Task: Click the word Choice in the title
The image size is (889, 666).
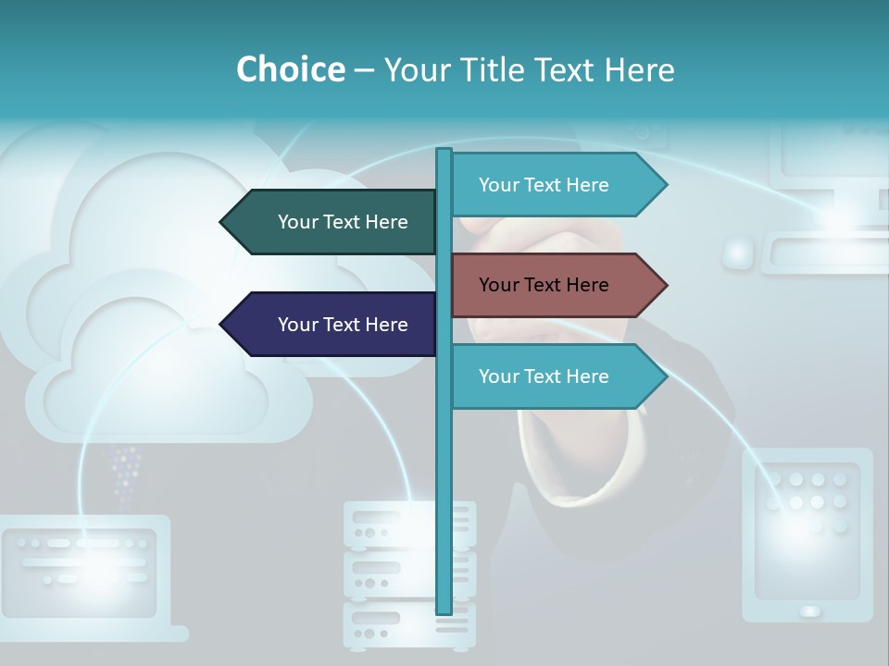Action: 290,69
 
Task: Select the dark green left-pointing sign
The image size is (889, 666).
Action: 329,222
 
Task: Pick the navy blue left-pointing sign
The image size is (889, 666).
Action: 329,325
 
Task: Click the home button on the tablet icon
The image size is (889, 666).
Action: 809,611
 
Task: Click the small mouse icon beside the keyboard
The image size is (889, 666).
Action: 738,253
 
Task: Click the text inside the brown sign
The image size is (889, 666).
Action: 544,285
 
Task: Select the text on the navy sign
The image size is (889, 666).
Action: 343,325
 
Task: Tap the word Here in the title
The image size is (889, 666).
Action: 639,69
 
